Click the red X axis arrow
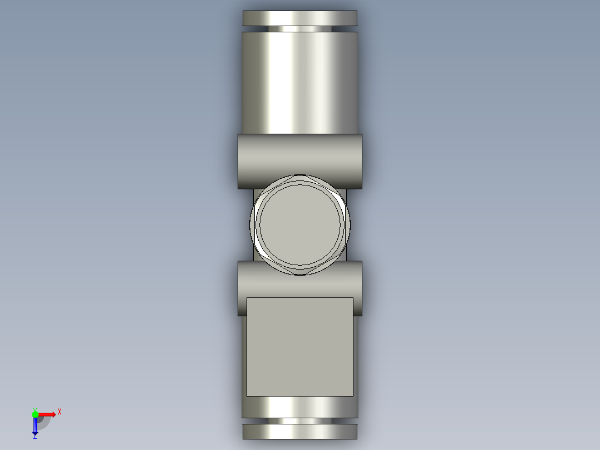[x=47, y=414]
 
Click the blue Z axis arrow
[x=35, y=427]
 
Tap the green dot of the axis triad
[x=35, y=414]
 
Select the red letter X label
[x=59, y=412]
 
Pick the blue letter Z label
[x=34, y=437]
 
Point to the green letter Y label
[x=35, y=408]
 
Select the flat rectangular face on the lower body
[x=299, y=346]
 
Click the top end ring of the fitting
[x=299, y=18]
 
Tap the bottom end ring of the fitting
[x=299, y=432]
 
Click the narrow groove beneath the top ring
[x=299, y=29]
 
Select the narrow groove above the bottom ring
[x=299, y=420]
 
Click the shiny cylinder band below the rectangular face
[x=299, y=407]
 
